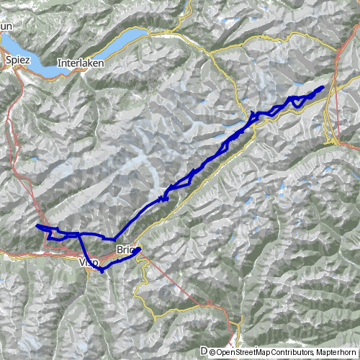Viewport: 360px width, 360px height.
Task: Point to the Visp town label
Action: [86, 264]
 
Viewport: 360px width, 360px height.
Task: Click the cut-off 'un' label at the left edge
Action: [6, 26]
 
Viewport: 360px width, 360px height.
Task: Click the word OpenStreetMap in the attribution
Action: [244, 352]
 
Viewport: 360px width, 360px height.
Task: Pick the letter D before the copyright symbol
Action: [204, 352]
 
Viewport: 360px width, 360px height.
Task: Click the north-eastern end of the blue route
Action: [321, 87]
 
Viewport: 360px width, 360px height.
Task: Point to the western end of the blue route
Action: [37, 226]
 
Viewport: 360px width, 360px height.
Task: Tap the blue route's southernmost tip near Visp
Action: [102, 271]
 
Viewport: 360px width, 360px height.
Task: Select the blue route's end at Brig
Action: [139, 249]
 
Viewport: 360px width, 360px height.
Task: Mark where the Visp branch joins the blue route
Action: [77, 235]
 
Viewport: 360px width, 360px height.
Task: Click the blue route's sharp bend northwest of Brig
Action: [114, 238]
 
